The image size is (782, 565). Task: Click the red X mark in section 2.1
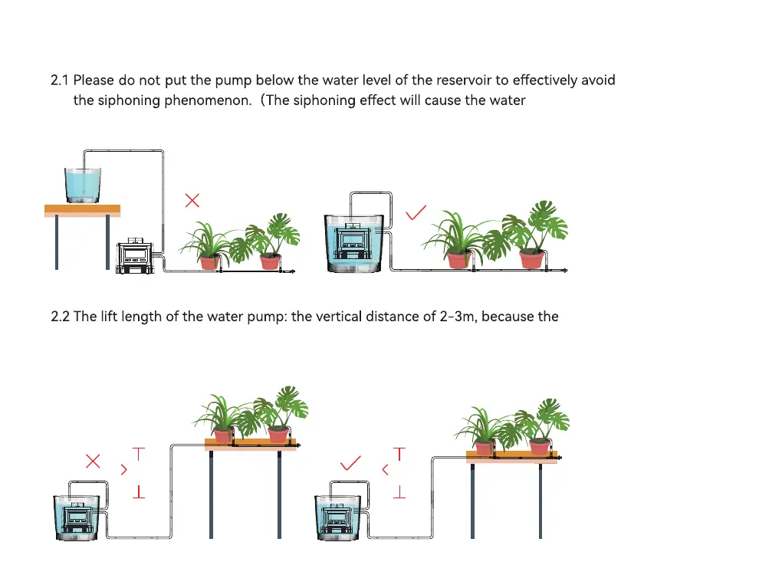(x=192, y=201)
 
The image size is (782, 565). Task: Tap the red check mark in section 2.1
(x=415, y=212)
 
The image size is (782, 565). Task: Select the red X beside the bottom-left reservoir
(x=93, y=461)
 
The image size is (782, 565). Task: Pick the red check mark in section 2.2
(x=350, y=462)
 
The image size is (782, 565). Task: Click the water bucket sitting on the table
(x=83, y=185)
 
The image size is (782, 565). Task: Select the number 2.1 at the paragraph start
(x=60, y=80)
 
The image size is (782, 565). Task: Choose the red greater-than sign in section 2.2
(x=124, y=469)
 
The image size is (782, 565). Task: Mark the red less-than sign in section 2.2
(x=385, y=469)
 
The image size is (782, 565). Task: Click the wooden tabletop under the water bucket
(x=82, y=209)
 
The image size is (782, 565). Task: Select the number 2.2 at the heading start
(x=60, y=316)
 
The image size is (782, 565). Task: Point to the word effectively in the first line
(x=545, y=80)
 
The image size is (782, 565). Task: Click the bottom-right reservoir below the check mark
(x=337, y=517)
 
